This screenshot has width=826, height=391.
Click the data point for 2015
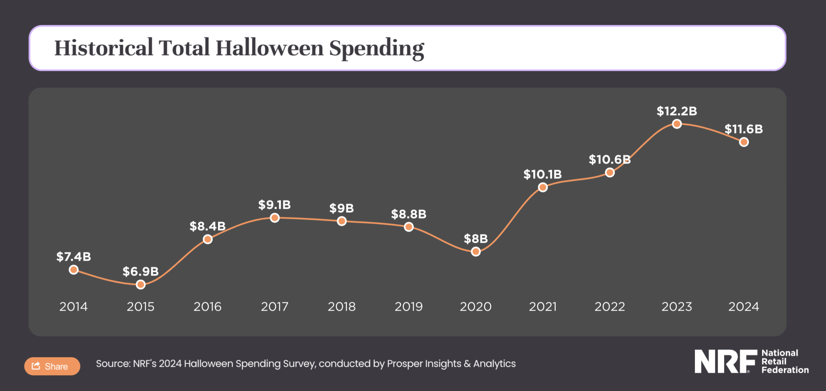(140, 284)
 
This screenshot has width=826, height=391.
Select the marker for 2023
(677, 124)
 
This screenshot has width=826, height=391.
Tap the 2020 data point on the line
(476, 252)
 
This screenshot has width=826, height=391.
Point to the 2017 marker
(275, 218)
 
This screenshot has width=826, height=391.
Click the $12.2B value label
(677, 111)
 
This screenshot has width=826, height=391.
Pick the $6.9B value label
(140, 271)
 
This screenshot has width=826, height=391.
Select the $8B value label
(476, 238)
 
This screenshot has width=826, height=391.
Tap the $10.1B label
(542, 174)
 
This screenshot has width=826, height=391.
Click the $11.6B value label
(743, 129)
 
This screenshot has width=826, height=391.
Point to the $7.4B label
(73, 256)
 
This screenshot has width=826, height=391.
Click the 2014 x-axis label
(73, 307)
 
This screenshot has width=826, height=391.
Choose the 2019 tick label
(409, 307)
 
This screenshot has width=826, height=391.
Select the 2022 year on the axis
(609, 307)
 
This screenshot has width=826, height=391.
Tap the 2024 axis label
(744, 307)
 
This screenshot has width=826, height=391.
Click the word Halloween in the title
(270, 48)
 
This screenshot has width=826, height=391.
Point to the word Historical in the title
(103, 48)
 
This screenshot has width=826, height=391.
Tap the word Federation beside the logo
(785, 370)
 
